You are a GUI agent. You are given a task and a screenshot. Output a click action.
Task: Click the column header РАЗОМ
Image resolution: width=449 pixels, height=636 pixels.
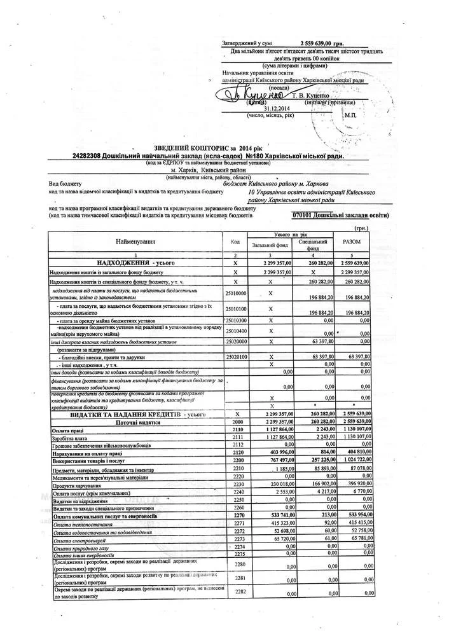351,242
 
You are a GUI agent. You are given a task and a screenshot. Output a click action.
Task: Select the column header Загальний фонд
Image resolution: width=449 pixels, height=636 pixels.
270,244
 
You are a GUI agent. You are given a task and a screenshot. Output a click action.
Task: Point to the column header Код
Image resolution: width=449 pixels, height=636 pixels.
235,242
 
